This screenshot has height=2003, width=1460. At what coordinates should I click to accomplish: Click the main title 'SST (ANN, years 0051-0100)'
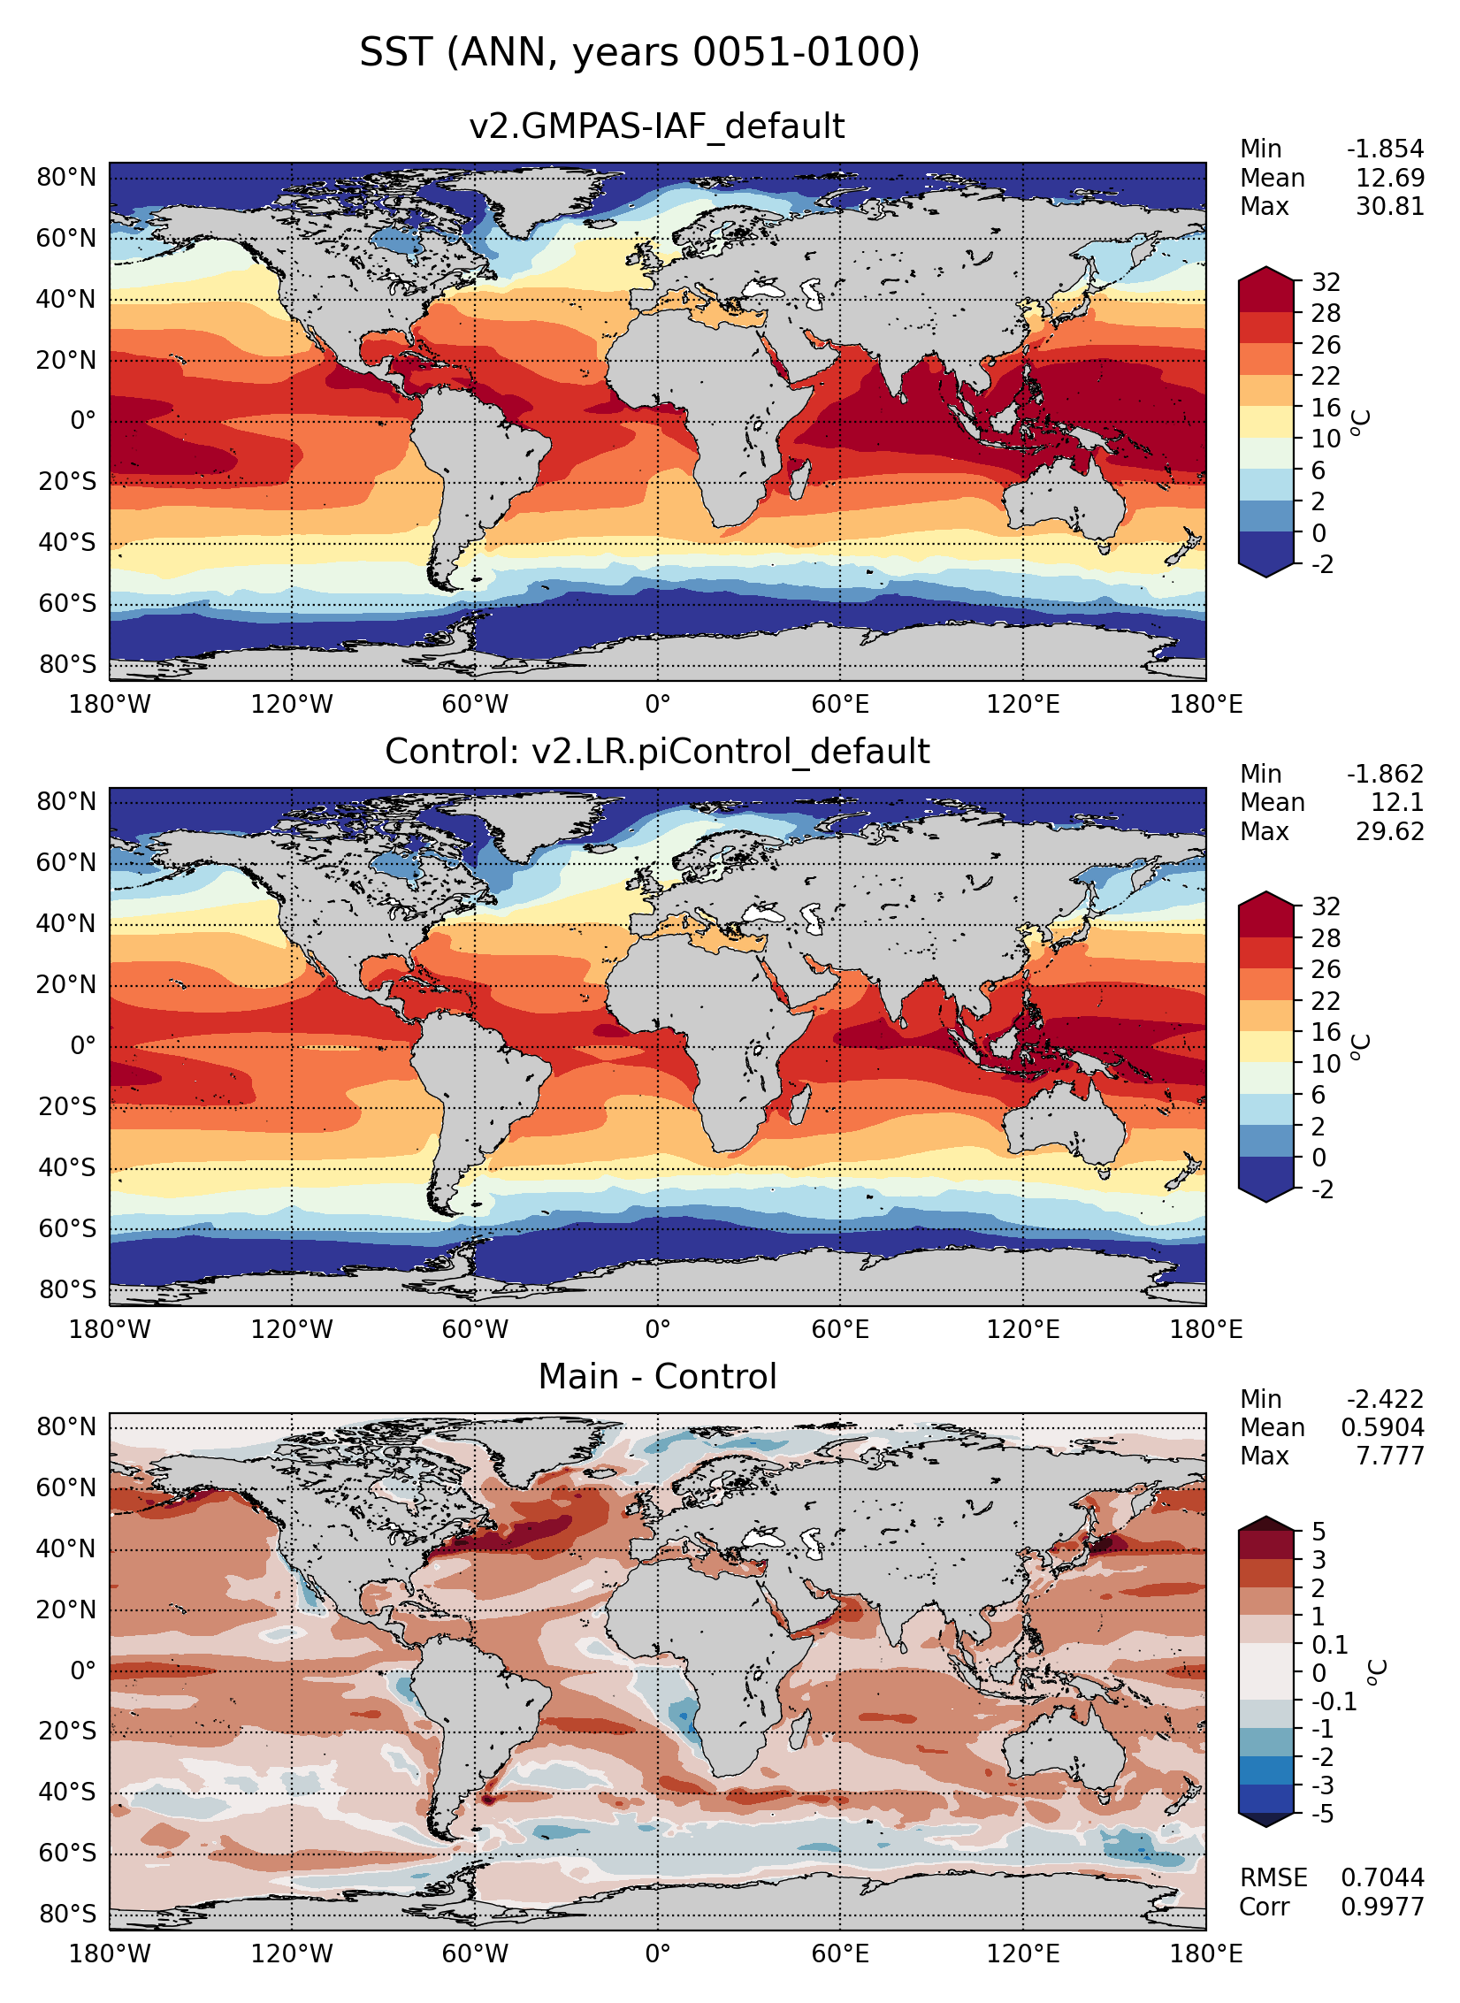click(x=639, y=52)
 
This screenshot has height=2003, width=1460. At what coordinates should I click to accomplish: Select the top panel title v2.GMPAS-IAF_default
click(x=656, y=126)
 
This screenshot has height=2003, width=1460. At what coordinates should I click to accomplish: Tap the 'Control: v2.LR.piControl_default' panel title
click(x=656, y=752)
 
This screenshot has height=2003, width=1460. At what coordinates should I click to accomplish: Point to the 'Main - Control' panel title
click(x=656, y=1377)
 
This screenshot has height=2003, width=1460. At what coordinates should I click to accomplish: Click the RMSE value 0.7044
click(x=1382, y=1877)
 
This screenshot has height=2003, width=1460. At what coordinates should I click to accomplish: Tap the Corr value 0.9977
click(x=1382, y=1907)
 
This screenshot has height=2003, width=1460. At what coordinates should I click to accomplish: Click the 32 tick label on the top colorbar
click(x=1326, y=283)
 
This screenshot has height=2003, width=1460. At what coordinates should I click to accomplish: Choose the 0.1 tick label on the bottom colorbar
click(x=1329, y=1646)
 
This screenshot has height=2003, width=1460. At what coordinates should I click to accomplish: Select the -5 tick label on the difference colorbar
click(x=1322, y=1815)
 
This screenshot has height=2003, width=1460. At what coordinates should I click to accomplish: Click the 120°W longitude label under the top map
click(x=292, y=705)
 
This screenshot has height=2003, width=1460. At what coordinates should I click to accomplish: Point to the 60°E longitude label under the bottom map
click(x=840, y=1953)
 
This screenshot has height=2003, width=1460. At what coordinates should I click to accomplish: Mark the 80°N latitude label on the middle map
click(x=66, y=802)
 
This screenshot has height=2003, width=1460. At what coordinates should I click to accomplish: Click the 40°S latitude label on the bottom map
click(x=66, y=1793)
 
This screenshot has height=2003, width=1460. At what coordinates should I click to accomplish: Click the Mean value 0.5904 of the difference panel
click(x=1382, y=1428)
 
